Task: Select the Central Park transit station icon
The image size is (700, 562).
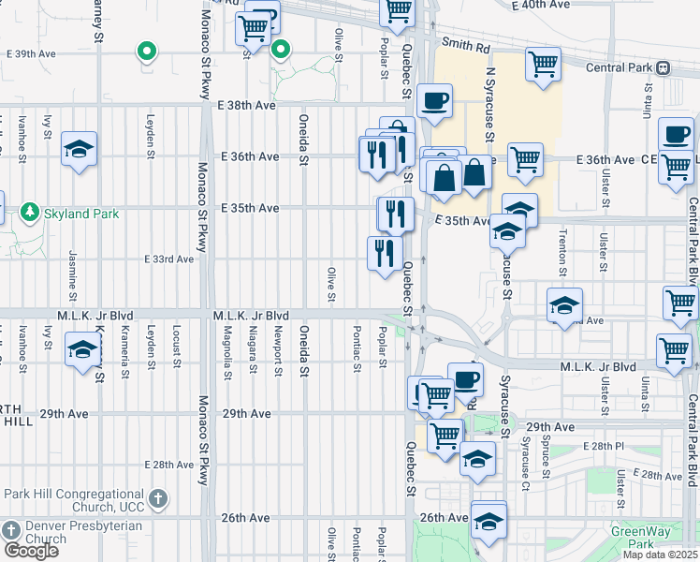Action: click(x=663, y=67)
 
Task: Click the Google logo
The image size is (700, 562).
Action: click(x=31, y=551)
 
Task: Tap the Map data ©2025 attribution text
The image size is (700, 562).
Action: click(x=661, y=555)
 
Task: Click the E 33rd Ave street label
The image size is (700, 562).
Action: click(x=168, y=259)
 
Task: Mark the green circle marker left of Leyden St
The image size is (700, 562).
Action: click(x=145, y=51)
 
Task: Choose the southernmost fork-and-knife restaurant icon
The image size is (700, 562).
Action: click(x=385, y=252)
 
